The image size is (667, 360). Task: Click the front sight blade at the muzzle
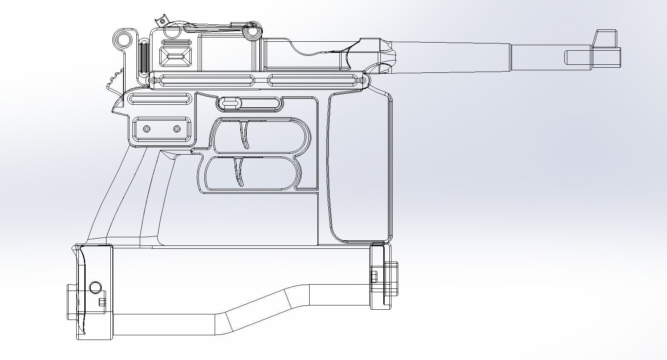(606, 38)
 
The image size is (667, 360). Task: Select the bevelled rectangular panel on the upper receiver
(175, 56)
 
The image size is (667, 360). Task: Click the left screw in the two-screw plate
(147, 129)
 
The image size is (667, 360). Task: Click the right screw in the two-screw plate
(177, 129)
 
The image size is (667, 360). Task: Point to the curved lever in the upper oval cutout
(244, 134)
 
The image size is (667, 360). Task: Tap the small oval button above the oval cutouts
(230, 103)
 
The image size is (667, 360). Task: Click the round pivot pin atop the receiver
(252, 32)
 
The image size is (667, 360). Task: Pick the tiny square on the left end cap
(102, 302)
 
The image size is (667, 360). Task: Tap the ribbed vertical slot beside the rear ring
(144, 58)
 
